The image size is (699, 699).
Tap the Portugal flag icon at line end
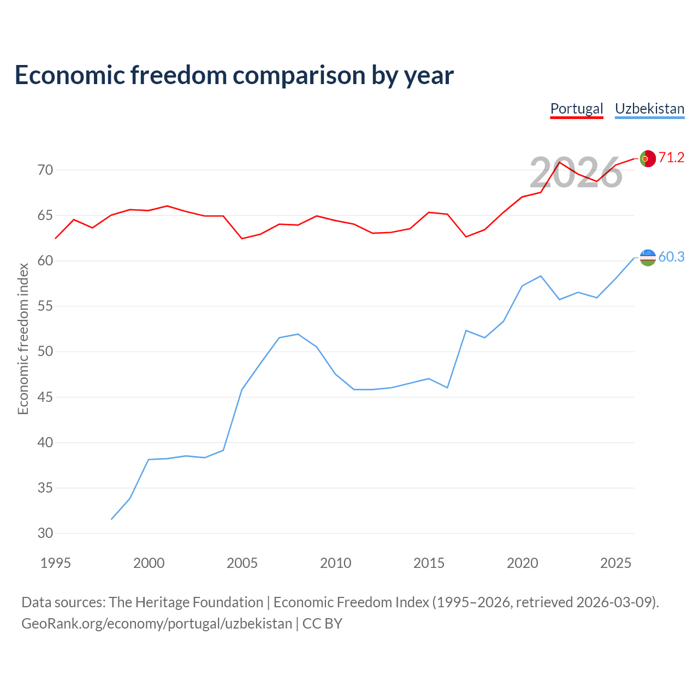[x=648, y=158]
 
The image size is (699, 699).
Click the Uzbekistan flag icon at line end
[x=648, y=258]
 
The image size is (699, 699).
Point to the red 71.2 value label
[x=671, y=157]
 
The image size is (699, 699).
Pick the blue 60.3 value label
[x=671, y=257]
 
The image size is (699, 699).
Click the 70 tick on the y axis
[x=45, y=170]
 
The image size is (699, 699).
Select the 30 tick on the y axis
[x=45, y=533]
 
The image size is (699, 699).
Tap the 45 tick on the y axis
[x=45, y=397]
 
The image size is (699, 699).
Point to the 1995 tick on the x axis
[x=56, y=563]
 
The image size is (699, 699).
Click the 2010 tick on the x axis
[x=335, y=563]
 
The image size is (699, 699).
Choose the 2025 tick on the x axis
[x=615, y=563]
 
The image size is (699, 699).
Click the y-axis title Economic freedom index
[x=23, y=339]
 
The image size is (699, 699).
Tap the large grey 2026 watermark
[x=576, y=173]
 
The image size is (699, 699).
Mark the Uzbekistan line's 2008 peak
[x=298, y=334]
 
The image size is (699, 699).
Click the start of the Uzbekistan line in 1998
[x=111, y=519]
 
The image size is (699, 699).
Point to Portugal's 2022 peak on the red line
[x=559, y=162]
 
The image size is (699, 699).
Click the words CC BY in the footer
[x=322, y=624]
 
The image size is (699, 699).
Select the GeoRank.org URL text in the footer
[x=157, y=624]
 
